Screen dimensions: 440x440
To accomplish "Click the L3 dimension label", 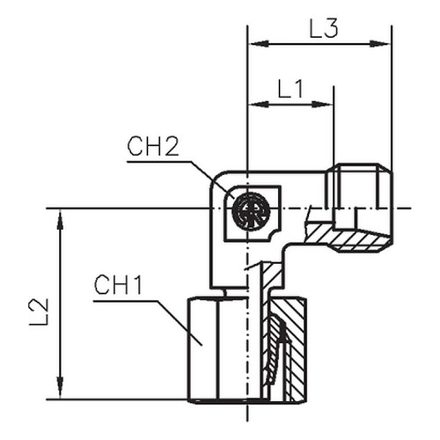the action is [324, 29].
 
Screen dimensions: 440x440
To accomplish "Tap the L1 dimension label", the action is [290, 88].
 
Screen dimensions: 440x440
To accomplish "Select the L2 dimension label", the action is [39, 312].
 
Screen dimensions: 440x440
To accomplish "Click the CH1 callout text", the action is [118, 285].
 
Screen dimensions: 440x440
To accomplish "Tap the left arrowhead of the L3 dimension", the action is [259, 44].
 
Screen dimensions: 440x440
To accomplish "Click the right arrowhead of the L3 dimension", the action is [380, 44].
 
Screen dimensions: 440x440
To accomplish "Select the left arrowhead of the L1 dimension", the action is [259, 104].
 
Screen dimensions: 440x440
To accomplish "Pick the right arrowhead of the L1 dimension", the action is [322, 104].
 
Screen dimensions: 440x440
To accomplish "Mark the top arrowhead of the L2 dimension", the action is [61, 219].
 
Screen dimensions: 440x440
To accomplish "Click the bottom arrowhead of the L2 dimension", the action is [61, 388].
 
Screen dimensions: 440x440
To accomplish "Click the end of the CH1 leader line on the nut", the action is [202, 345].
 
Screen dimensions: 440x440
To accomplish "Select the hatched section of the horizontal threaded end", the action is [349, 237].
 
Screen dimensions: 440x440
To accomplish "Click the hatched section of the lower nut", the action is [288, 349].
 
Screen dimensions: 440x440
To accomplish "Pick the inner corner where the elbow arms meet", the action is [286, 248].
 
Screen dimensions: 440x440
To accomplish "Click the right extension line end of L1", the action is [334, 86].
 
